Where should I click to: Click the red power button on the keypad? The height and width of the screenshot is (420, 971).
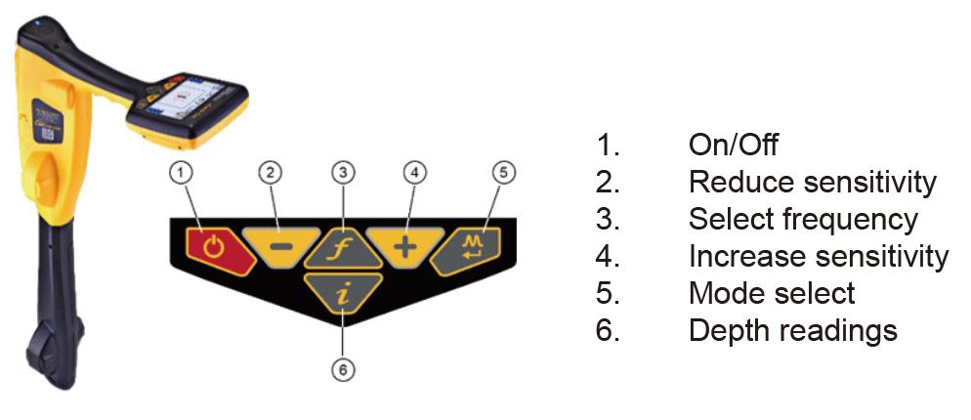coord(212,245)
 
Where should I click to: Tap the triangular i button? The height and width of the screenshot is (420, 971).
coord(341,294)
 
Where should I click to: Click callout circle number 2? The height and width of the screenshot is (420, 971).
coord(270,173)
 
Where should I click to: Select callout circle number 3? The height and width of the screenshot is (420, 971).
coord(341,173)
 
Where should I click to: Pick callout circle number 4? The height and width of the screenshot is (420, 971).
coord(414,173)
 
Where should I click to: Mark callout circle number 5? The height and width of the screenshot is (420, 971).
coord(501,173)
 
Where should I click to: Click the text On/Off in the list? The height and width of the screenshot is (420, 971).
coord(733,146)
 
